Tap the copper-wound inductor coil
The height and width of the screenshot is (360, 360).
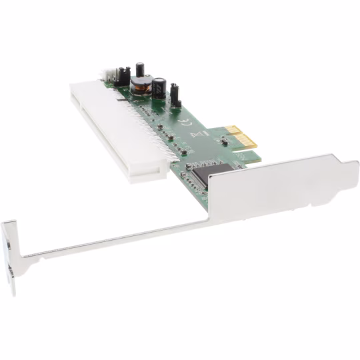(140, 85)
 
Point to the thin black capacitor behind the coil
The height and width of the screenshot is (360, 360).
(141, 68)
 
